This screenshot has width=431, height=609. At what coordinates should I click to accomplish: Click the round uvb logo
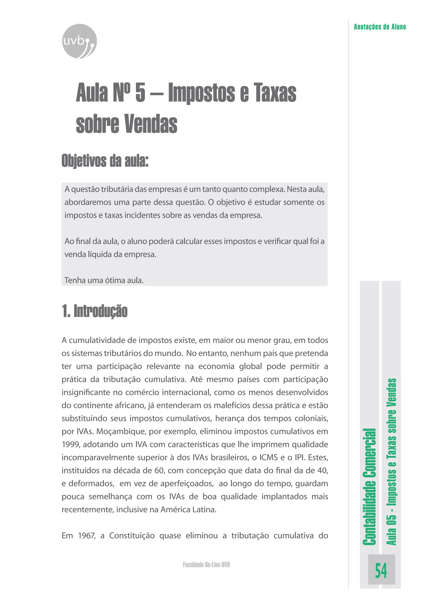tap(79, 41)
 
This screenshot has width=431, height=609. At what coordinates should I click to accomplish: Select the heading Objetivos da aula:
tap(105, 161)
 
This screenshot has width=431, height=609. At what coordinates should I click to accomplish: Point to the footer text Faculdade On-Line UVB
tap(206, 564)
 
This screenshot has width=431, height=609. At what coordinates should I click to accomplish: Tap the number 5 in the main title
tap(140, 93)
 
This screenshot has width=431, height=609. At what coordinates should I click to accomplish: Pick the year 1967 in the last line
tap(87, 536)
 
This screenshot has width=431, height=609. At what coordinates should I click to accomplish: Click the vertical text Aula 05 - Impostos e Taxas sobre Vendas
tap(391, 462)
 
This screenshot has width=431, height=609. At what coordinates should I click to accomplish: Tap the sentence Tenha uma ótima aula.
tap(104, 280)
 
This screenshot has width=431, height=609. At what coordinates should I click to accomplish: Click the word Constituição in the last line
tap(132, 536)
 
